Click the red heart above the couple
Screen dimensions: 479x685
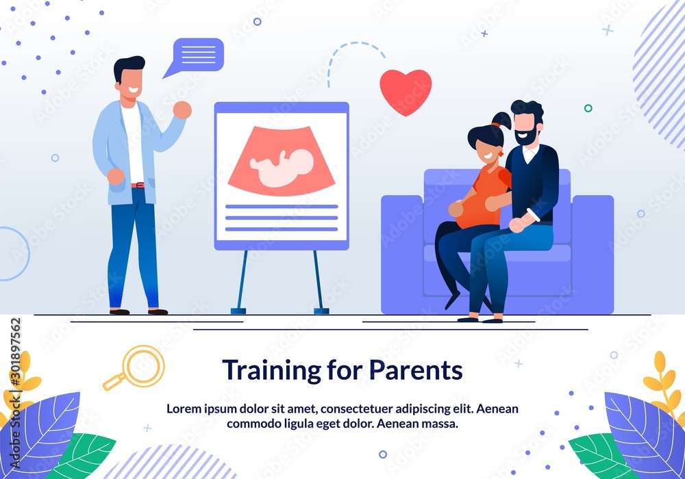click(406, 90)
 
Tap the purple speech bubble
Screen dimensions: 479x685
click(198, 54)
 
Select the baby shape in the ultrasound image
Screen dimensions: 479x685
click(282, 167)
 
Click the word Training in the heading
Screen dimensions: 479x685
click(265, 370)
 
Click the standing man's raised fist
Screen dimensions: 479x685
click(182, 109)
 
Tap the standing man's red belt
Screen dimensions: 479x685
click(138, 185)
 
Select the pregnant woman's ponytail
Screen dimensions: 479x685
click(501, 121)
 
